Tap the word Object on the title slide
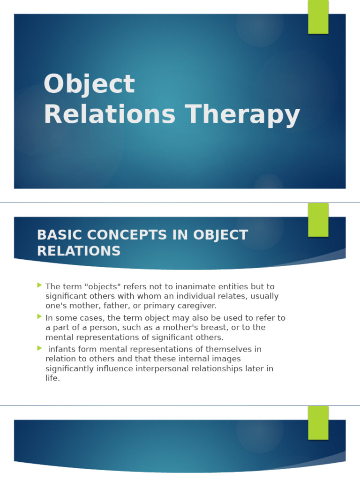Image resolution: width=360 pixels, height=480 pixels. [89, 84]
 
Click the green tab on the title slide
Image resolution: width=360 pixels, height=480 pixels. [318, 16]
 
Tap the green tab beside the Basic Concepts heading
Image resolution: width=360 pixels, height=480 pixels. [318, 219]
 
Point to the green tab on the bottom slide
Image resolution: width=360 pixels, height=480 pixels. [318, 422]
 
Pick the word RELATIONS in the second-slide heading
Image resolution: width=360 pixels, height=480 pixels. [79, 251]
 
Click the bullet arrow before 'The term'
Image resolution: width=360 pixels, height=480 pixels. [39, 285]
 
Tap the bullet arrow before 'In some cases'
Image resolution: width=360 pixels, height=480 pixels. [39, 316]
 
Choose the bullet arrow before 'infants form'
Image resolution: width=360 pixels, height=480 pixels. [39, 348]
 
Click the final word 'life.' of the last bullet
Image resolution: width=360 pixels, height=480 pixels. [52, 378]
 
